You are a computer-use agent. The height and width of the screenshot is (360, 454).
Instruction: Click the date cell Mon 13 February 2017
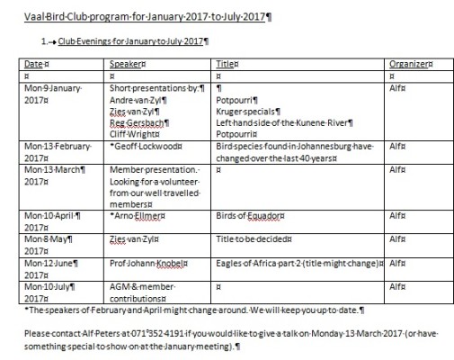click(53, 149)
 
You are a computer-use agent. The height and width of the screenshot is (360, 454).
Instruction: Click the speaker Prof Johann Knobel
click(148, 263)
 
